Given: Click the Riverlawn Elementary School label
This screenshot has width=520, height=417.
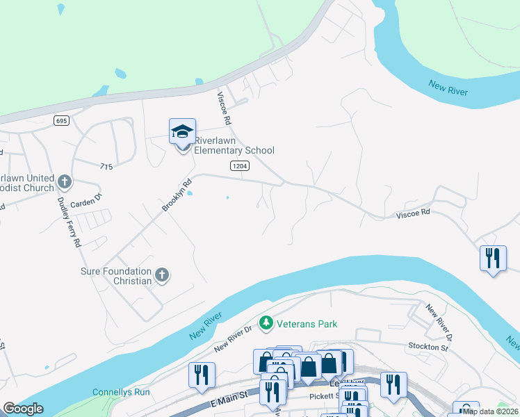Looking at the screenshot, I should click(234, 145).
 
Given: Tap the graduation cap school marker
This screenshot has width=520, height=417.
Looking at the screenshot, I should click(182, 131).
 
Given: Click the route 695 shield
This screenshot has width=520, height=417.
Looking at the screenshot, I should click(61, 121).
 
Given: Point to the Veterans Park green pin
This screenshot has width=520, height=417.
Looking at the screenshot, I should click(265, 323).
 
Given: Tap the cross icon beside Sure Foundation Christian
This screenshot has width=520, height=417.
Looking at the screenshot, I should click(161, 275).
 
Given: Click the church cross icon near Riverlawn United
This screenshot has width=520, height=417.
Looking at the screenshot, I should click(65, 183).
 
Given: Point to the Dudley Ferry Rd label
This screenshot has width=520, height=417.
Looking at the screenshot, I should click(69, 220).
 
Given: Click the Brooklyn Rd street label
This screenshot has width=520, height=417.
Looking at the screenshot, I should click(177, 195).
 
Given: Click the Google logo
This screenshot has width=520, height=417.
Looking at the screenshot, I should click(23, 409).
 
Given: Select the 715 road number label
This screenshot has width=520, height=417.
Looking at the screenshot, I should click(106, 167).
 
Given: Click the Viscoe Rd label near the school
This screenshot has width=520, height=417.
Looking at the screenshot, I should click(224, 108).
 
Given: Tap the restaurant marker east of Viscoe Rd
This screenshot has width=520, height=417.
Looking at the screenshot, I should click(493, 259).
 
